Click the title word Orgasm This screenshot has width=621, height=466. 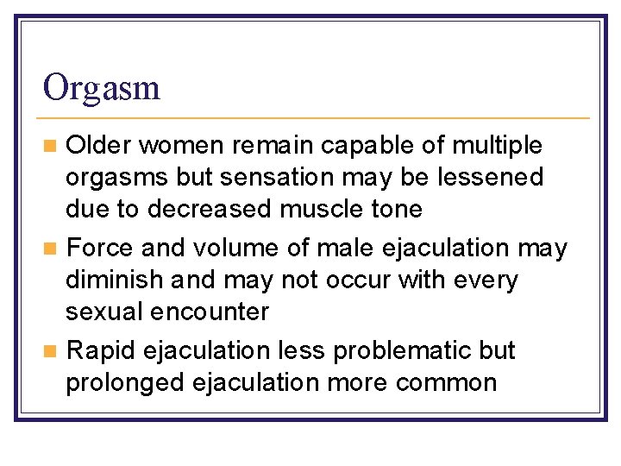coord(102,88)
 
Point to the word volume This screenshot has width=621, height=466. coord(232,249)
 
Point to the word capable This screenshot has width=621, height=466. coord(356,146)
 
